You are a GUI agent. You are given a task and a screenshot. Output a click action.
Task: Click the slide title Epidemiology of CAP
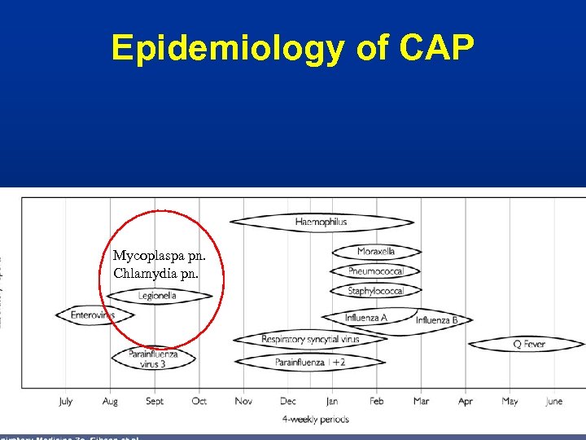coord(292,48)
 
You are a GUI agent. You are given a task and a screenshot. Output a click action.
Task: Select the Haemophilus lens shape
coord(321,222)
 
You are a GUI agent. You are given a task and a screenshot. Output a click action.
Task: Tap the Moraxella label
coord(376,252)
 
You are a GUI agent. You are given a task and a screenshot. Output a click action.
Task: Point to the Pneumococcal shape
coord(376,271)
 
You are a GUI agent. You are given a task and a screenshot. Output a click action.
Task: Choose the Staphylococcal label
coord(375,291)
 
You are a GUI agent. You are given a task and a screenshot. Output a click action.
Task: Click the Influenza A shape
coord(366,318)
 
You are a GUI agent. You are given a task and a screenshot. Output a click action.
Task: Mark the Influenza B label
coord(436,320)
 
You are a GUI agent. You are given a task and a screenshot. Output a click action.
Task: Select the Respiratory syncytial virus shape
coord(309,339)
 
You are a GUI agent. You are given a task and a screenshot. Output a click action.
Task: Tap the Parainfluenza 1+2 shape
coord(309,362)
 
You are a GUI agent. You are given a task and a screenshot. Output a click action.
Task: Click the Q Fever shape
coord(528,345)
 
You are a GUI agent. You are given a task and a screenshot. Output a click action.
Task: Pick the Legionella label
coord(157,296)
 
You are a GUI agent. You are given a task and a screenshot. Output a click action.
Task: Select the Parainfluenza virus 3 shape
coord(152,359)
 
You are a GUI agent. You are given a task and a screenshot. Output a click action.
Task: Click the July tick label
coord(66,401)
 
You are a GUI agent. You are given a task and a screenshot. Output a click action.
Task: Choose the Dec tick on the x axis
coord(287,401)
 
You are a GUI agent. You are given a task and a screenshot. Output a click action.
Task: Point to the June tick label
coord(553,401)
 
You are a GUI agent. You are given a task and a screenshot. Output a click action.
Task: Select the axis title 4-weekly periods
coord(315,420)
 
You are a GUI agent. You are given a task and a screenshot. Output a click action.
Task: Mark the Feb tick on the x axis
coord(376,401)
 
